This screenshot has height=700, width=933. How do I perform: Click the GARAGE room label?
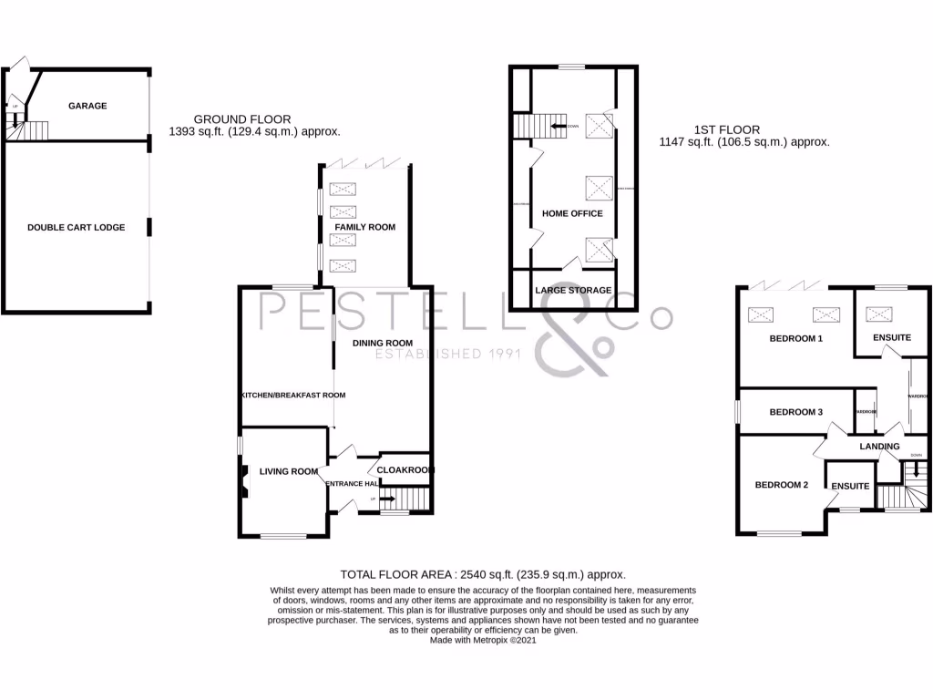tap(87, 106)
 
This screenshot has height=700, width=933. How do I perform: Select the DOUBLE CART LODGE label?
tap(76, 227)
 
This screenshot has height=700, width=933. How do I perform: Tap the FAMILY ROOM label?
tap(364, 227)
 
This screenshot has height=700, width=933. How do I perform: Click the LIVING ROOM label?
tap(288, 471)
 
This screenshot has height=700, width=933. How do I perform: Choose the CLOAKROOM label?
tap(405, 470)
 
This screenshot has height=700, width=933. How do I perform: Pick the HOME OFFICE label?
tap(572, 213)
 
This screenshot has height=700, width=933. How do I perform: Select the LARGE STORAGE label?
tap(573, 291)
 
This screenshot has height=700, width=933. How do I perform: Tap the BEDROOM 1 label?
tap(795, 338)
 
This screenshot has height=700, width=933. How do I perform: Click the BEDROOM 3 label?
tap(795, 412)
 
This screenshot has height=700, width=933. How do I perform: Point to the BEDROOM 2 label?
tap(781, 485)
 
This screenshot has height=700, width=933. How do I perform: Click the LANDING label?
tap(879, 447)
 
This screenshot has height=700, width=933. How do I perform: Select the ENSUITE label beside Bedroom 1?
tap(891, 338)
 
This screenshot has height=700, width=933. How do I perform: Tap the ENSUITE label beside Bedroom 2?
tap(849, 487)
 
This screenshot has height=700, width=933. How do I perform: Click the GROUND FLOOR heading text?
tap(242, 119)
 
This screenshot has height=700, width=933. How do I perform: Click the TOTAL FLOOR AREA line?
tap(482, 574)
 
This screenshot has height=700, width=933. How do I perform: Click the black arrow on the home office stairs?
tap(555, 126)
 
